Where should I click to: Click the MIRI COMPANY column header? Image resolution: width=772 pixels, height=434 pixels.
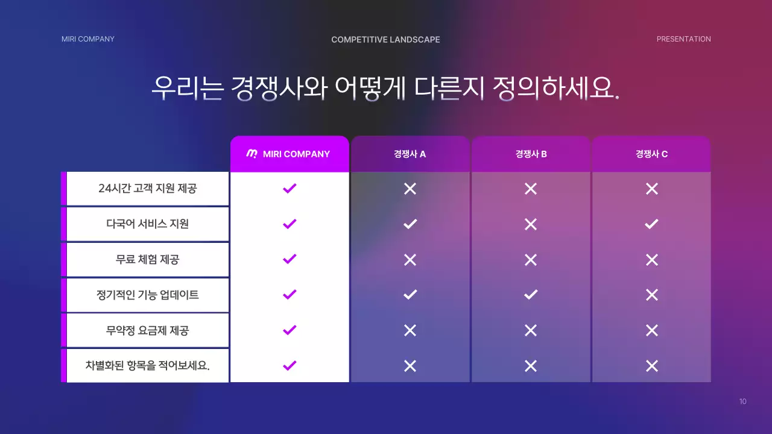click(289, 154)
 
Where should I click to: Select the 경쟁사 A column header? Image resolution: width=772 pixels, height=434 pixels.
click(410, 154)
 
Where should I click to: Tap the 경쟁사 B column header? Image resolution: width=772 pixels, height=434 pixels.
click(531, 154)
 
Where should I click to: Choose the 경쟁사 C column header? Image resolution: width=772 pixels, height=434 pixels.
click(651, 154)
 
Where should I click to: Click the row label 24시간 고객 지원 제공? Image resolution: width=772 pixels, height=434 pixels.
click(147, 188)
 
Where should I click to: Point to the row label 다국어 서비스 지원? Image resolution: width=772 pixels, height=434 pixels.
click(147, 224)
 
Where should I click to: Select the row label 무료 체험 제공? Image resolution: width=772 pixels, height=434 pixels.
click(147, 259)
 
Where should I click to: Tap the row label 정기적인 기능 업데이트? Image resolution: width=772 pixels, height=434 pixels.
click(147, 295)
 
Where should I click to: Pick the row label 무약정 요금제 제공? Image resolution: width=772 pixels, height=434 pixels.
click(147, 330)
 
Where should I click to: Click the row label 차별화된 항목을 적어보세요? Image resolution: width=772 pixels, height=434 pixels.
click(147, 365)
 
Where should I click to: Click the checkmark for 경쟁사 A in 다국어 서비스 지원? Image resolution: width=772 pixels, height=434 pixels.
click(410, 224)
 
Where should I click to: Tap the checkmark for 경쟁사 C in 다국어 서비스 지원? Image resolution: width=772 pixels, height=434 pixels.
click(651, 224)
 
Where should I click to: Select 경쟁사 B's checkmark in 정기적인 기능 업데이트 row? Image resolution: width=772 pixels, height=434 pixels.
click(531, 295)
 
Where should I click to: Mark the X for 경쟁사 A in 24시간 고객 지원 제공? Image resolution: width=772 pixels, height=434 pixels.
click(410, 189)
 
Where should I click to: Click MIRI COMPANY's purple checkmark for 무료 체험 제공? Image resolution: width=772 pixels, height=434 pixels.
click(289, 259)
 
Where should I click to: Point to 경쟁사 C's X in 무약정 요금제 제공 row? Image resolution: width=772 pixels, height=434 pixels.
click(651, 330)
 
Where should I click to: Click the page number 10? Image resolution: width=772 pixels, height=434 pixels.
click(742, 401)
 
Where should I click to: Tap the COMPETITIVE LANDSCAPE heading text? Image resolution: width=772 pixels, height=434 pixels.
click(385, 40)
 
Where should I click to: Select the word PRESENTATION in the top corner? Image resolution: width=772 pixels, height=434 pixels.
click(683, 39)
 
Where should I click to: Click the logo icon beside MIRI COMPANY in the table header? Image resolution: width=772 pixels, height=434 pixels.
click(252, 154)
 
